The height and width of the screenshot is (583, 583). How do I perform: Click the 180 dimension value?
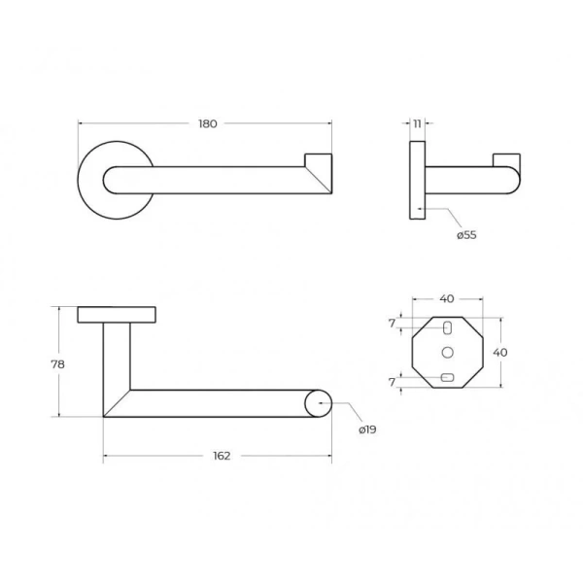[x=208, y=123]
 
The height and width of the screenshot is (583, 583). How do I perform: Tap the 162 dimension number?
[x=222, y=456]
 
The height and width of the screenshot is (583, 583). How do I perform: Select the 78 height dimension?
[x=58, y=364]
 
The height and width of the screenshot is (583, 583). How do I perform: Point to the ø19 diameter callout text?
[x=367, y=429]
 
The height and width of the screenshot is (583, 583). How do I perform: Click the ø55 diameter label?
[x=466, y=235]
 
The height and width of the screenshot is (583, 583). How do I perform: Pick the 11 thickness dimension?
[x=417, y=123]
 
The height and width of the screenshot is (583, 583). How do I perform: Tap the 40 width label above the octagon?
[x=447, y=298]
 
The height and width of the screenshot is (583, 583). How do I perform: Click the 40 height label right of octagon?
[x=500, y=352]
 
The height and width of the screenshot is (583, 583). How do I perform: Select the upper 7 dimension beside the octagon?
[x=392, y=324]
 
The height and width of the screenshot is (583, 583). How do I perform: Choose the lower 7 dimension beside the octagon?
[x=392, y=382]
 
